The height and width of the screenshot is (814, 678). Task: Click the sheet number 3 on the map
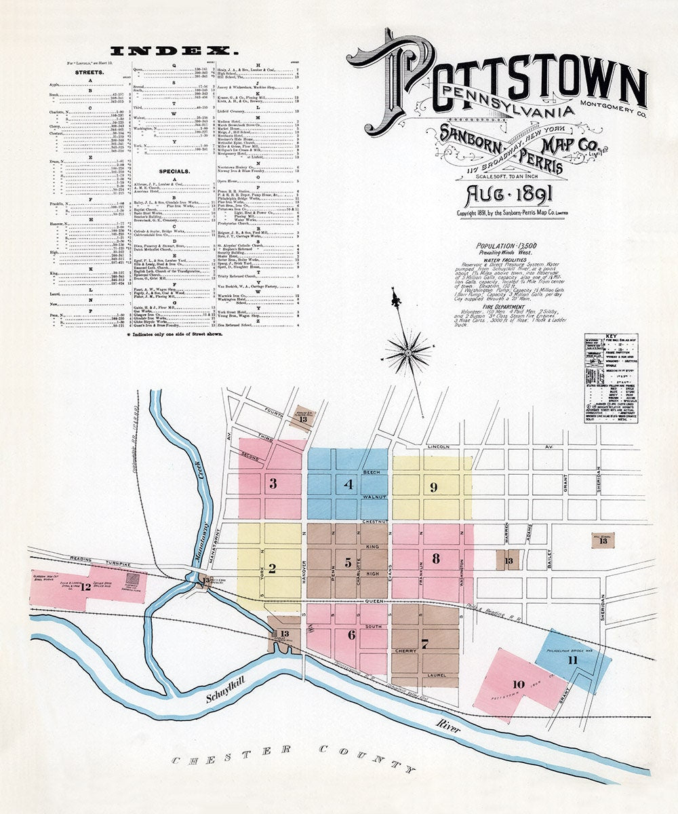pos(273,484)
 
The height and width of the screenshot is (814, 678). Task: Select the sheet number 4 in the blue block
pos(349,484)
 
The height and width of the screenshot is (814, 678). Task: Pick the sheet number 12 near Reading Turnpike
pos(85,587)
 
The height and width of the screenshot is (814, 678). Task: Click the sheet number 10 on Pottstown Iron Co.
pos(519,684)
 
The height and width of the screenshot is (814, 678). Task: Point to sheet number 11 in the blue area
pos(573,659)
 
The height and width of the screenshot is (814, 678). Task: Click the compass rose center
pos(408,352)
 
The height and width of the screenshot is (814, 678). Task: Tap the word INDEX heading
pos(174,50)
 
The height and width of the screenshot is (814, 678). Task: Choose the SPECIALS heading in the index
pos(174,171)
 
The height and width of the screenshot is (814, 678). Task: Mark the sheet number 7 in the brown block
pos(424,644)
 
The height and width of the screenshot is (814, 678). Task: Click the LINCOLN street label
pos(439,448)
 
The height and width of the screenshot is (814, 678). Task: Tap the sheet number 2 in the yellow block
pos(272,568)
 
